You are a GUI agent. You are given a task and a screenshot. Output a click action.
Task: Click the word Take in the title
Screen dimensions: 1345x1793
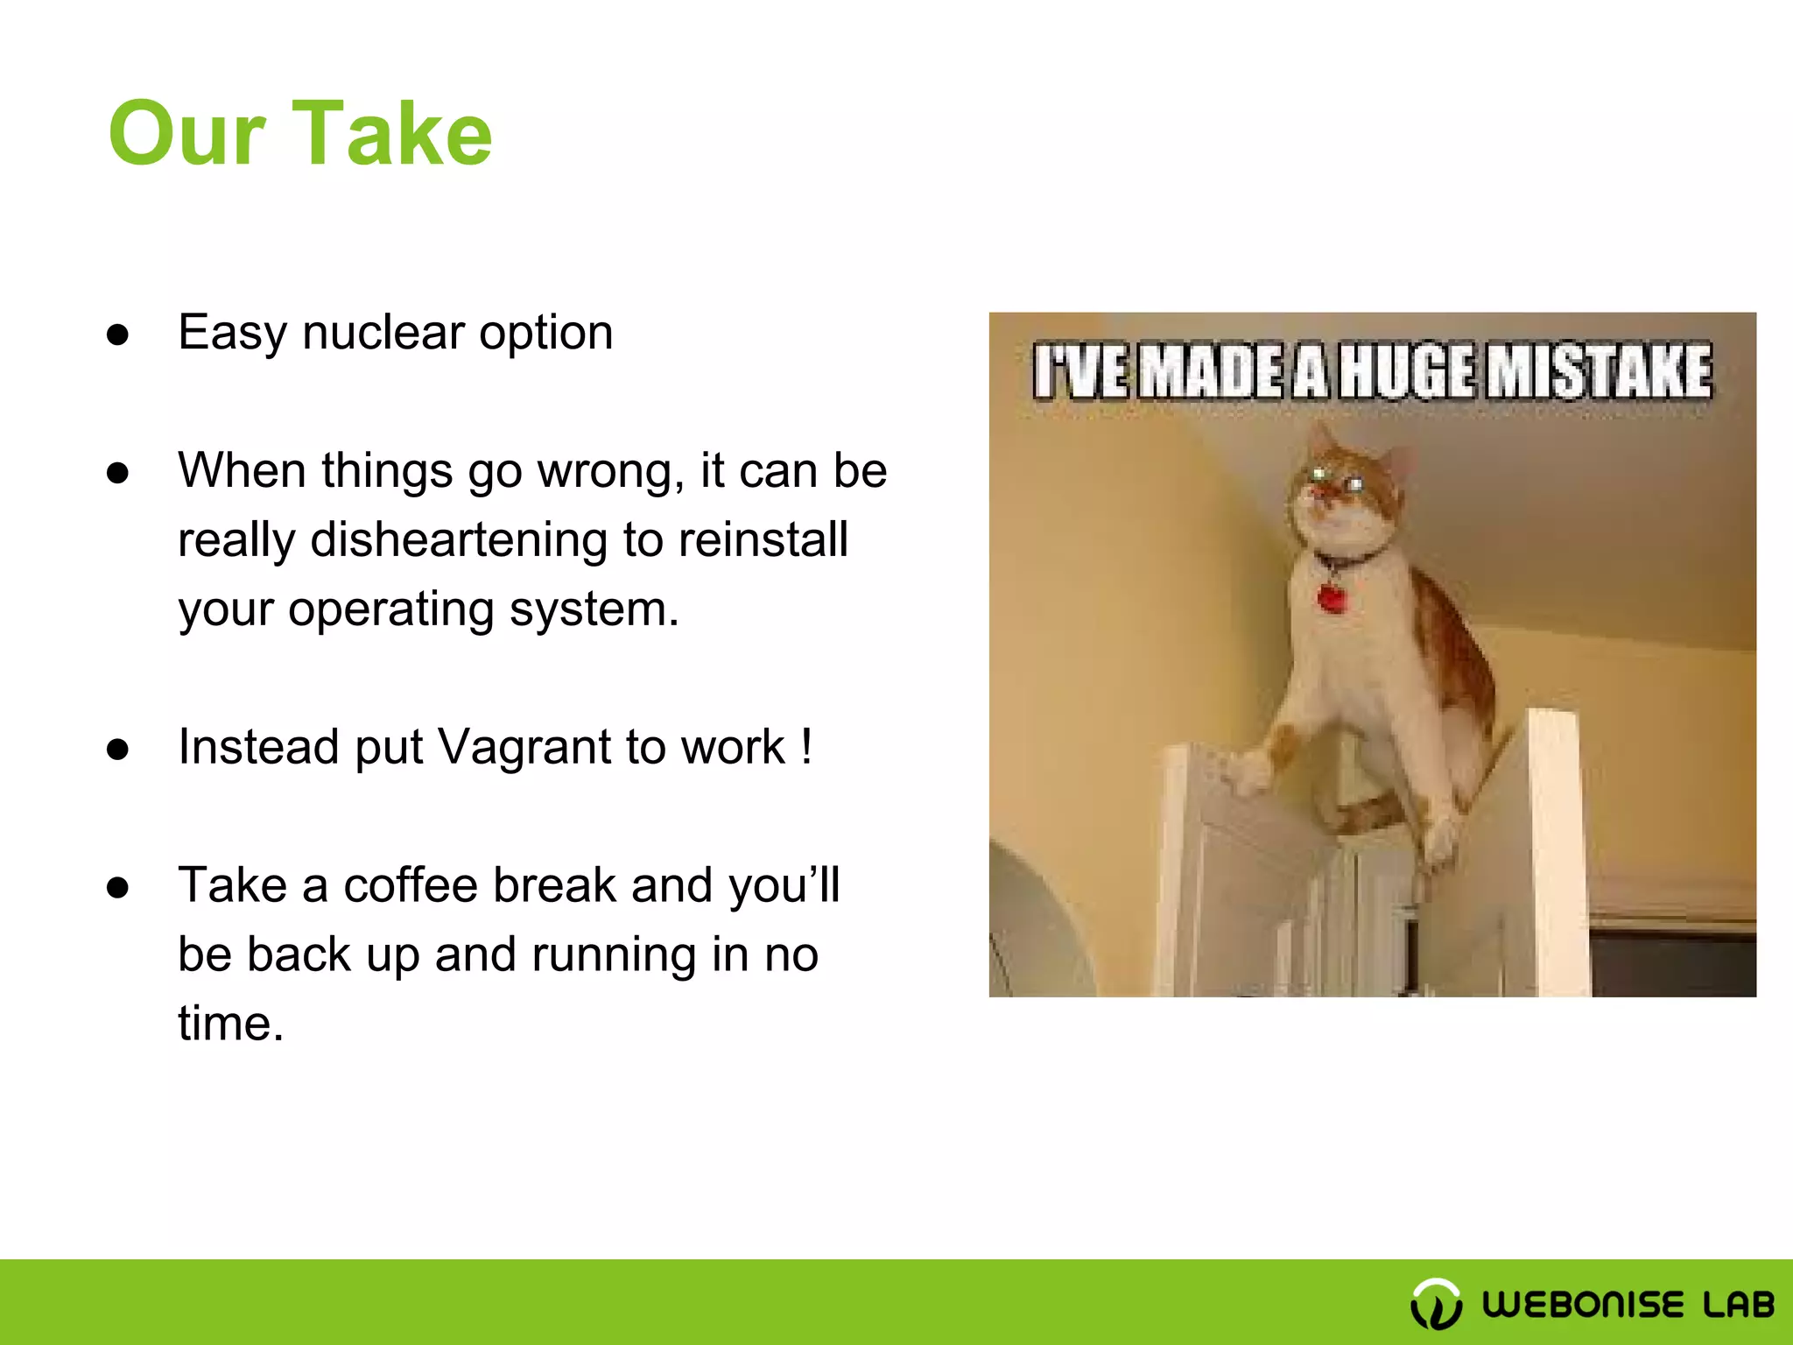pos(391,133)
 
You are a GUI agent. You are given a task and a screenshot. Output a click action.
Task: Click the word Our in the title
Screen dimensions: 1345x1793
pos(186,133)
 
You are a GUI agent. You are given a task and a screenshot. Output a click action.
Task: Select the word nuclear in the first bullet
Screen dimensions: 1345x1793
pos(383,333)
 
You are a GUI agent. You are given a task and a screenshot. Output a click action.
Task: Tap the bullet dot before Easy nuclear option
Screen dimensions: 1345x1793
pos(117,334)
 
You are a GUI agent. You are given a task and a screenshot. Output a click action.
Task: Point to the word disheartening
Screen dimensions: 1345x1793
pos(459,539)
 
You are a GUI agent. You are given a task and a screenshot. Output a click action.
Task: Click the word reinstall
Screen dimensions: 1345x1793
pos(763,539)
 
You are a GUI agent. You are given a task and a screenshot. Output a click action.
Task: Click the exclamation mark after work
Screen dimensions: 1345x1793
pos(805,747)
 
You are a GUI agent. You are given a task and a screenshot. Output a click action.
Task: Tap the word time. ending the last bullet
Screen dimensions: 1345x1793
pos(230,1024)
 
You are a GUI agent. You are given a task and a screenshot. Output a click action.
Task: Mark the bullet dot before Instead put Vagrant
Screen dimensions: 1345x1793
pos(117,750)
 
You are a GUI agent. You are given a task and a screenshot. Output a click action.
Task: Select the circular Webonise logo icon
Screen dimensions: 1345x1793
pos(1436,1304)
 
